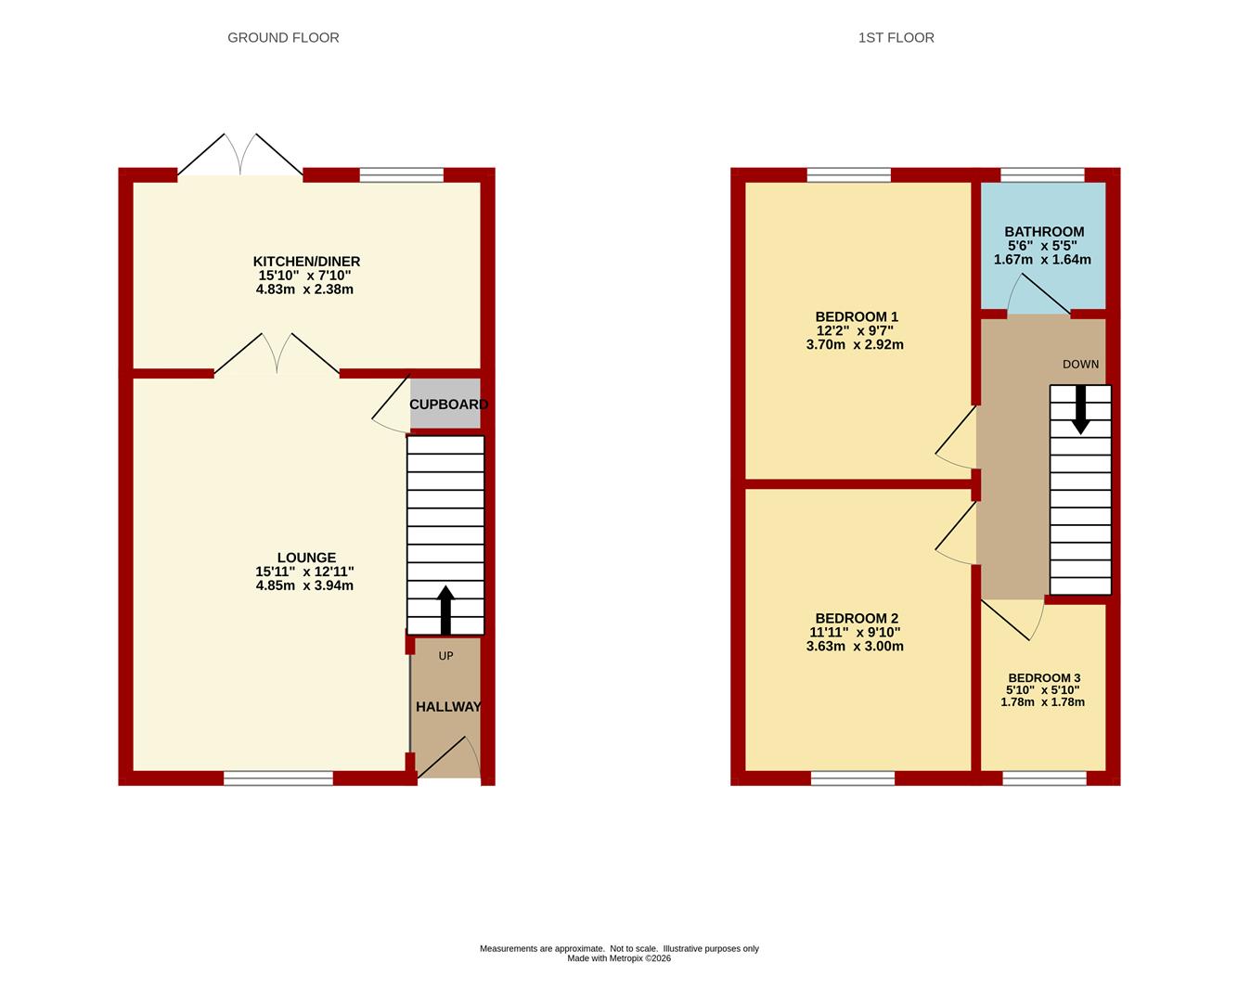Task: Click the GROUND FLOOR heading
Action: tap(283, 38)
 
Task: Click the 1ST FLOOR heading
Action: tap(896, 38)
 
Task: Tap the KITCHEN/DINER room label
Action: tap(306, 262)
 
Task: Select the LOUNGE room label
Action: tap(306, 558)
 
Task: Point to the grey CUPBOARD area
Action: tap(445, 404)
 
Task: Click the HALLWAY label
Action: tap(448, 706)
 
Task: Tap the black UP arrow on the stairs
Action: tap(445, 610)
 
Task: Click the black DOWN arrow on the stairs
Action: tap(1080, 410)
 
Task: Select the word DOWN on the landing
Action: tap(1080, 365)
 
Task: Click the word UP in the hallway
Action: tap(445, 656)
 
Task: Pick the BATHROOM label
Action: tap(1044, 232)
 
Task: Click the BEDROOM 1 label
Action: tap(857, 316)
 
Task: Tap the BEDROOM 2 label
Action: tap(857, 618)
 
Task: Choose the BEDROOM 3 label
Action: tap(1044, 678)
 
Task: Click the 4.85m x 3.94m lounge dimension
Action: tap(304, 585)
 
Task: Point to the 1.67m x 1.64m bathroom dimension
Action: tap(1042, 260)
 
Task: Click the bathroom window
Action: tap(1042, 174)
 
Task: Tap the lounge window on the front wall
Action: tap(278, 778)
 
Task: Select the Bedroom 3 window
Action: tap(1044, 778)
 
